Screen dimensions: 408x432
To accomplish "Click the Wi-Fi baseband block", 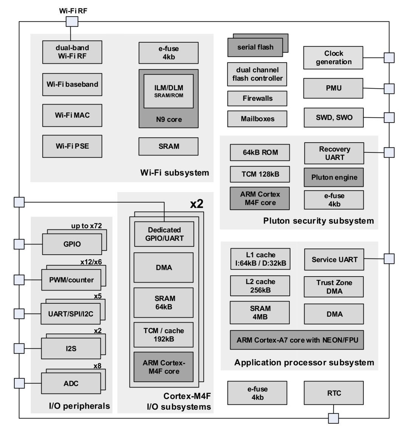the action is pos(72,84).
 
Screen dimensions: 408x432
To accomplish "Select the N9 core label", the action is pos(169,119).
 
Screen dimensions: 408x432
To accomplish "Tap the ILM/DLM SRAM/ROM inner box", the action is pos(168,91).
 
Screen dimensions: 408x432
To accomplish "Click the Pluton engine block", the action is pos(334,177).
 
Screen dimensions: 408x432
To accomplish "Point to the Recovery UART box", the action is pos(334,153).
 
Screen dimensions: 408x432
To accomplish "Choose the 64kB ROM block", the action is pos(260,152).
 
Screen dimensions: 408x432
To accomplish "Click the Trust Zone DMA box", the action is pos(334,287).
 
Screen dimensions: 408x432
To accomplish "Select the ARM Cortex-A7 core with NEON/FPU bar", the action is pos(297,340).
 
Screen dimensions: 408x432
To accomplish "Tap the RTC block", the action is pos(334,393).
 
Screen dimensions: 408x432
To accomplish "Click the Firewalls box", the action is pos(257,98).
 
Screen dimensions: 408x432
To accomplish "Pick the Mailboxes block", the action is pos(257,119).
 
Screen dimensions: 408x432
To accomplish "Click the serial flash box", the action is pos(255,47).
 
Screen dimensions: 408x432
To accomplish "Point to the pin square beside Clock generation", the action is pos(389,58).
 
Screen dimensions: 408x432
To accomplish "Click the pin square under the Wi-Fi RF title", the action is pos(72,22).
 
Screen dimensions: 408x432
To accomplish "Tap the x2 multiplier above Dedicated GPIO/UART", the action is pos(197,204).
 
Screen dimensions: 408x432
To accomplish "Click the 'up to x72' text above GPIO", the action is pos(87,226).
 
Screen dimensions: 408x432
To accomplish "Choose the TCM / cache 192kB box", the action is pos(164,335).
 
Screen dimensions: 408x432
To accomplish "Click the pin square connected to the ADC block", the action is pos(19,383).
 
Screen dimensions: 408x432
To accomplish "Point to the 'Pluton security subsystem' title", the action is pos(318,221).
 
